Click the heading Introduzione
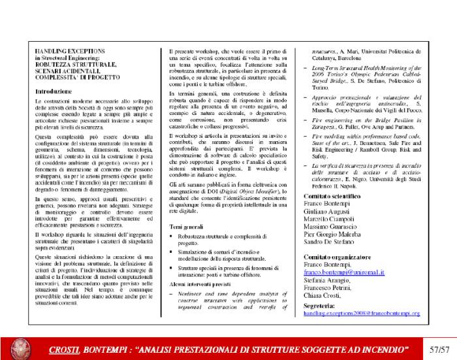coord(58,92)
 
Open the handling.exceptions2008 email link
coord(361,314)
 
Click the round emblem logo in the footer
coord(22,346)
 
